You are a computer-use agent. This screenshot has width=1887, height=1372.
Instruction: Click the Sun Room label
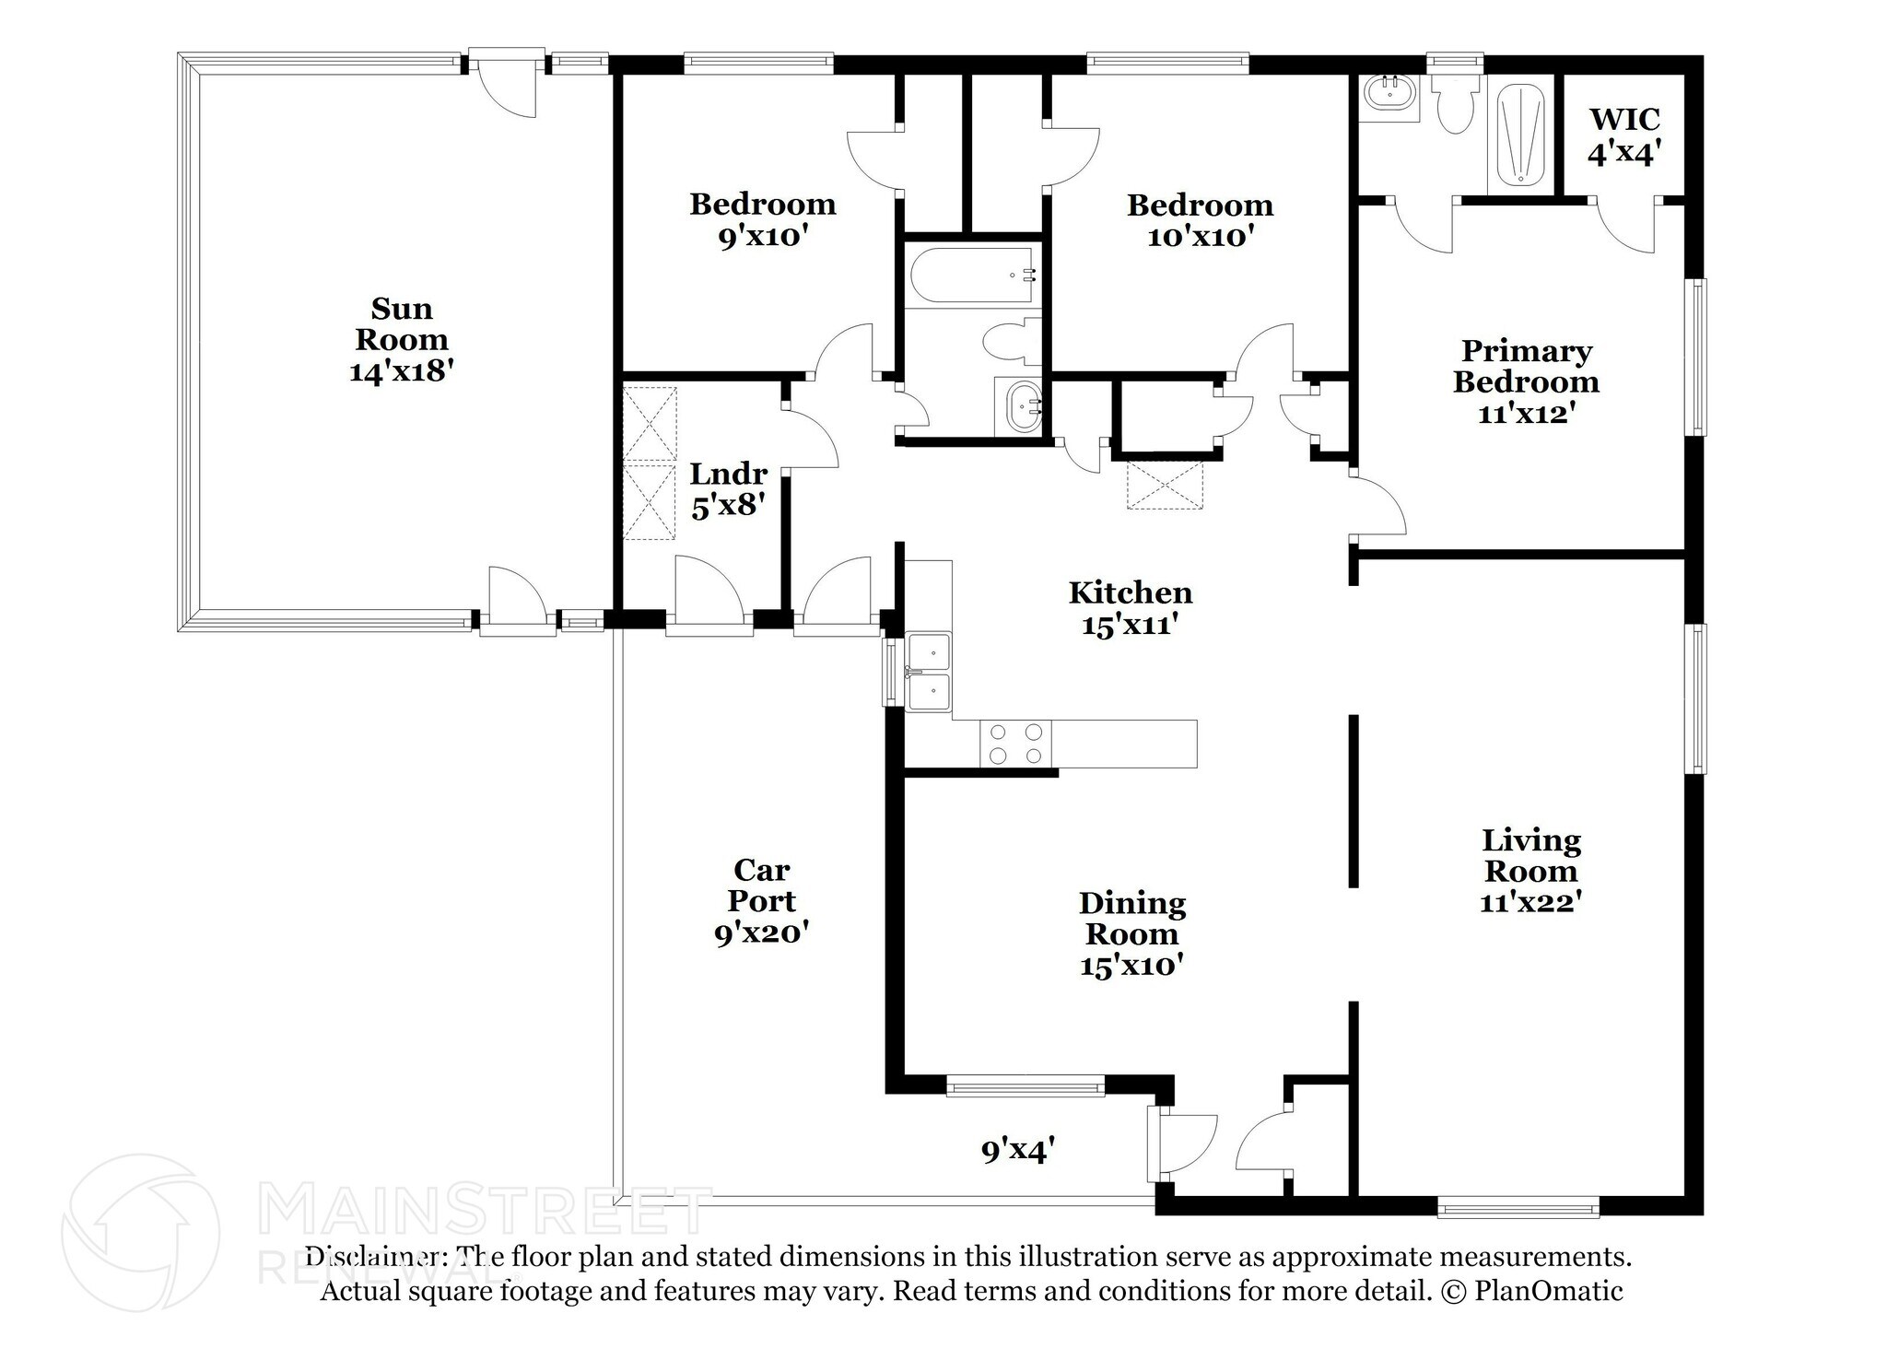402,339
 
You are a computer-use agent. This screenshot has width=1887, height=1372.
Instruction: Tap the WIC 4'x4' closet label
1623,135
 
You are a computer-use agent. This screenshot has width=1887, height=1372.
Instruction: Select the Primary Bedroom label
1526,381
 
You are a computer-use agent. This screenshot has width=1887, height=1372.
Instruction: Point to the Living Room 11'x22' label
1530,871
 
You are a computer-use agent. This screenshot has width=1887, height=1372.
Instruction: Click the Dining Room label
1132,934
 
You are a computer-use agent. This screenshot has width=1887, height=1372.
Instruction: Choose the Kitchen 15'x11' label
1131,608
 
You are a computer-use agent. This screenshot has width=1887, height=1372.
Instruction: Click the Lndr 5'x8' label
729,489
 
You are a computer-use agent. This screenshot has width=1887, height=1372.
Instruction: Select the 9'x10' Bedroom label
763,219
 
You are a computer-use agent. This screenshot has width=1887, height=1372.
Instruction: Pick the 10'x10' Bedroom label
1201,220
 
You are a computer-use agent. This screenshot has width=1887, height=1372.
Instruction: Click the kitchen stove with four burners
1015,744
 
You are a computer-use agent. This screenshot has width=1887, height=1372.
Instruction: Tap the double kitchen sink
929,672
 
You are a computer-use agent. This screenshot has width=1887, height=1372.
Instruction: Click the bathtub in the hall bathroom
973,275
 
